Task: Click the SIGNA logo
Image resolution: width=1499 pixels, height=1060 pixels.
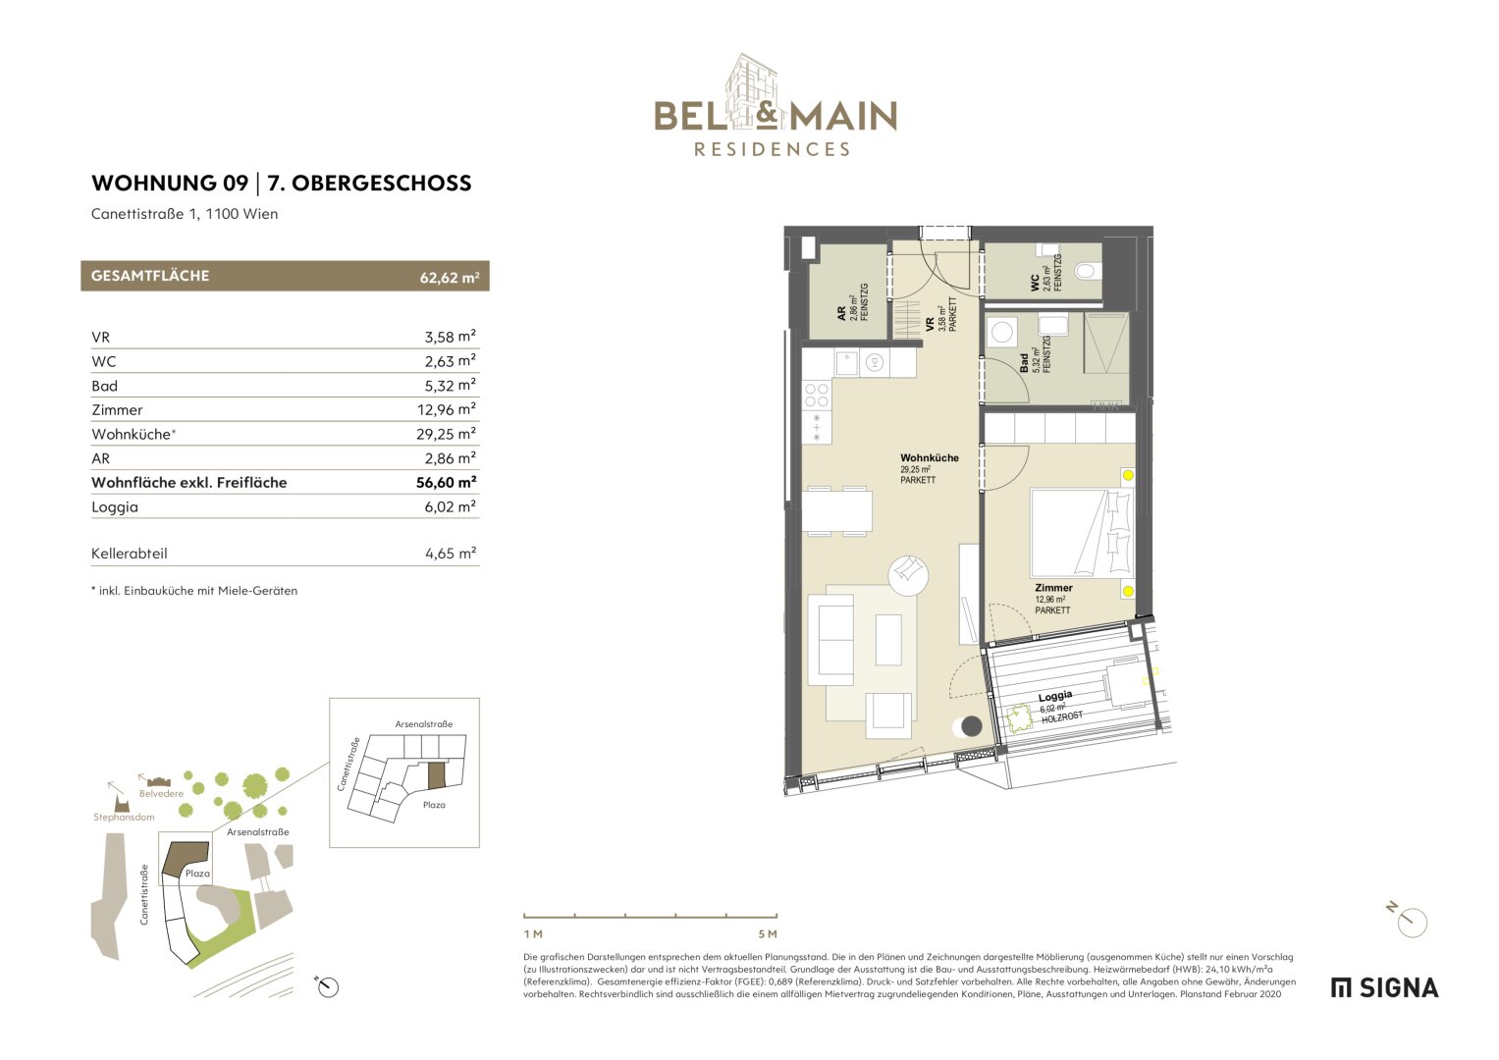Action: click(1384, 987)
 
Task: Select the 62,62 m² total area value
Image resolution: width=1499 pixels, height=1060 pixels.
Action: click(449, 278)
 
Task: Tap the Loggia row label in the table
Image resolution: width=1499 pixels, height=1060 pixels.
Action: click(115, 506)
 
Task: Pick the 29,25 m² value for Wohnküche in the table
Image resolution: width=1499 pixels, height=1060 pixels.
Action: click(446, 434)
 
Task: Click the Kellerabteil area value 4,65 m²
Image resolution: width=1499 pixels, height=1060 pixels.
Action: click(450, 554)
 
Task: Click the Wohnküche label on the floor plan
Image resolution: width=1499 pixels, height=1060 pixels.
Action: click(929, 458)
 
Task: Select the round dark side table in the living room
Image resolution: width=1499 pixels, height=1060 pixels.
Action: click(971, 726)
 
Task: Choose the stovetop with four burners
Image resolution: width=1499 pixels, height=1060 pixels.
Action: click(817, 396)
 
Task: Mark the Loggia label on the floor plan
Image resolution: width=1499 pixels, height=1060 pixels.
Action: click(1055, 697)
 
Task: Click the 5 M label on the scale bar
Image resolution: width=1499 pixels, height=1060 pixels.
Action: click(767, 933)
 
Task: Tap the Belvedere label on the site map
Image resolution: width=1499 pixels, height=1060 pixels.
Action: click(161, 793)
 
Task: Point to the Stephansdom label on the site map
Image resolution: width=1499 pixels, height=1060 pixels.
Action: click(124, 817)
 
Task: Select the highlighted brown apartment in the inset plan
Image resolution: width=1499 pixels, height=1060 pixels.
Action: click(436, 775)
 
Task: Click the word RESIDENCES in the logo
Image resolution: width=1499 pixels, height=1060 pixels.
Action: click(773, 150)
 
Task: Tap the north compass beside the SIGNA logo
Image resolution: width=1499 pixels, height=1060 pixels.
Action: click(1412, 921)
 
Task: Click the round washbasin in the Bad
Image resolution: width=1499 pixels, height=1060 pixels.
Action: click(1002, 332)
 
